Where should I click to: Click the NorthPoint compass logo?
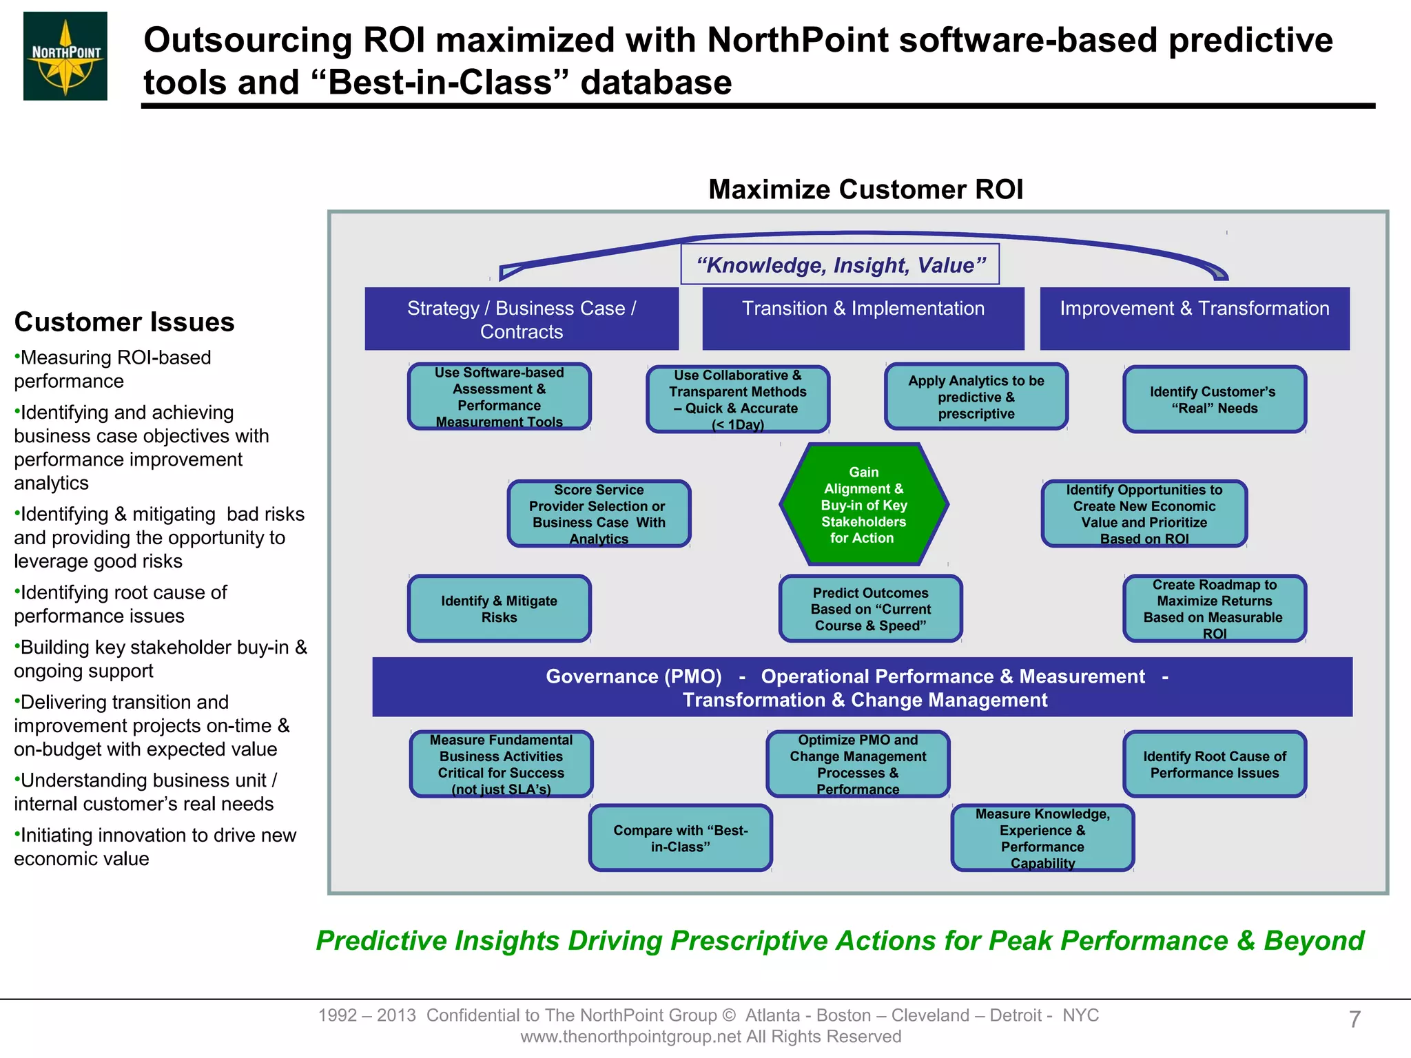tap(65, 56)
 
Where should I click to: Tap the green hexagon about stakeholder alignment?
tap(864, 505)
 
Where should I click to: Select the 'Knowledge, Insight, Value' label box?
tap(840, 264)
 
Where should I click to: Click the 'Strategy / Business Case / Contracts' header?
tap(522, 320)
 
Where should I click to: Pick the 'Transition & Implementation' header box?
tap(863, 318)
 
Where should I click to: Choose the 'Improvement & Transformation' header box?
tap(1195, 318)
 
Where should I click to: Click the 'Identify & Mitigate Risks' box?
tap(499, 609)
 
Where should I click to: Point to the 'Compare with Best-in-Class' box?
tap(681, 838)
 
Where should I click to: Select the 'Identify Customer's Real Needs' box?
tap(1214, 400)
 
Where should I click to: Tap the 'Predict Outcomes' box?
tap(871, 609)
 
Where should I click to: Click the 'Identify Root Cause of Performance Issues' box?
tap(1214, 765)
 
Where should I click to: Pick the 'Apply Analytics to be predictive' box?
tap(976, 397)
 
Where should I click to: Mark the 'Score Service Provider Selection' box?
tap(599, 514)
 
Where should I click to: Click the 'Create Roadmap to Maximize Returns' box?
tap(1214, 609)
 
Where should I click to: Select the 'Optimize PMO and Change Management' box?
tap(858, 765)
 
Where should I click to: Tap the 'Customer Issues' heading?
tap(125, 322)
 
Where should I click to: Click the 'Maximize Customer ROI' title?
tap(865, 189)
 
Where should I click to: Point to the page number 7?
tap(1355, 1019)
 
